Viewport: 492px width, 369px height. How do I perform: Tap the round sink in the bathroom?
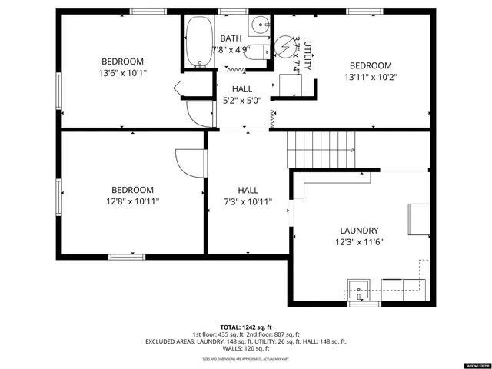pyautogui.click(x=263, y=25)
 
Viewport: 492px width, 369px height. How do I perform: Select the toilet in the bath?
pyautogui.click(x=263, y=52)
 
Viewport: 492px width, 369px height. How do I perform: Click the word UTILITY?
pyautogui.click(x=306, y=55)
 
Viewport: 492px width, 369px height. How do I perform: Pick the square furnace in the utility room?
pyautogui.click(x=289, y=85)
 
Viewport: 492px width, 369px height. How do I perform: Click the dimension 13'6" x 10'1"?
pyautogui.click(x=123, y=73)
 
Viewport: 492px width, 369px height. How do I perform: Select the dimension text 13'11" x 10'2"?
pyautogui.click(x=371, y=77)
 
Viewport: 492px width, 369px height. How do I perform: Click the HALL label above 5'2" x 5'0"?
pyautogui.click(x=241, y=89)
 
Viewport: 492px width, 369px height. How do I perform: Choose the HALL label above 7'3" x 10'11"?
pyautogui.click(x=248, y=191)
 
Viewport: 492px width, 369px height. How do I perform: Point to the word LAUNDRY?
pyautogui.click(x=359, y=231)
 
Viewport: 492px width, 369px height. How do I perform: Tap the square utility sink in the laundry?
pyautogui.click(x=359, y=291)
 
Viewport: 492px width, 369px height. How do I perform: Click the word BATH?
pyautogui.click(x=231, y=38)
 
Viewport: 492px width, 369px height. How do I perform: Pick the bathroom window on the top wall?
pyautogui.click(x=229, y=12)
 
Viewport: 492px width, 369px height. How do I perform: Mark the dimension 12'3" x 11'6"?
pyautogui.click(x=359, y=242)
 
